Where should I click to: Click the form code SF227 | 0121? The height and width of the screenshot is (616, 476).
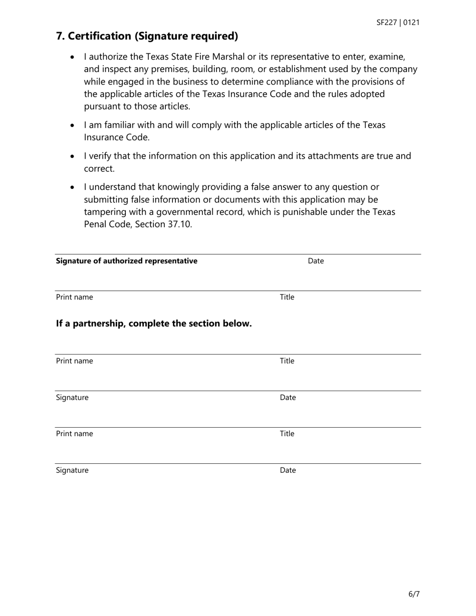(398, 23)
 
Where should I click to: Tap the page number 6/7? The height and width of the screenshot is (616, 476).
(414, 594)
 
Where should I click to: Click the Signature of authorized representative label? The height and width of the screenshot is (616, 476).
(126, 261)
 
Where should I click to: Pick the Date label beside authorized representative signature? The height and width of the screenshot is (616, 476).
(316, 261)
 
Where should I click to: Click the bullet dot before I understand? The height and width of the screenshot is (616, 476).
(73, 187)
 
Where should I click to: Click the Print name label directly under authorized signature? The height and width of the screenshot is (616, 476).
(74, 297)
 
